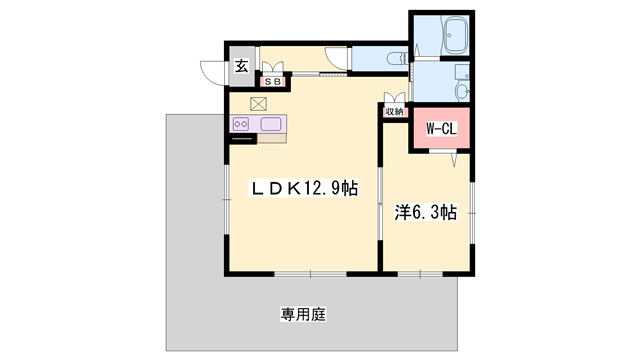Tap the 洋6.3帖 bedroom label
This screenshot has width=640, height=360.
(426, 212)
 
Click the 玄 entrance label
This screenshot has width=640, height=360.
(242, 68)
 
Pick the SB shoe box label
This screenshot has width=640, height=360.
(273, 82)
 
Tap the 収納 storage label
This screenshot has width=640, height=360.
(394, 112)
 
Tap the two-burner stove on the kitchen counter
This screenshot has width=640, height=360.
(242, 124)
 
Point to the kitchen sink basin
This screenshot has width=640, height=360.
(272, 124)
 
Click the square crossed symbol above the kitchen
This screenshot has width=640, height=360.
(259, 102)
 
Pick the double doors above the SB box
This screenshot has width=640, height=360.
(273, 68)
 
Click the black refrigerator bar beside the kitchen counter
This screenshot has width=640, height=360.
(242, 139)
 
